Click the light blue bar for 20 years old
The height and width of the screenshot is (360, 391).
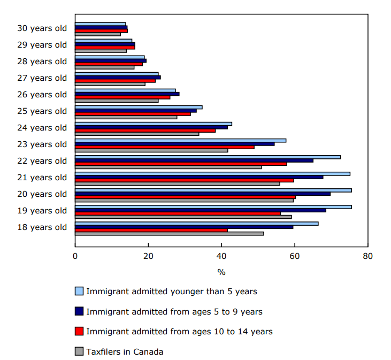[213, 190]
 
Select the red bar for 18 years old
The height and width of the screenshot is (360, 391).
[151, 230]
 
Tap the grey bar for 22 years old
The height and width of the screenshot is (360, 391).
[168, 167]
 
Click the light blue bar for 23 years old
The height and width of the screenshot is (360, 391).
[180, 140]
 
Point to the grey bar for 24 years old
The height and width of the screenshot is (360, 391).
[137, 134]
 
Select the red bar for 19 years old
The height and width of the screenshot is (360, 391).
[178, 213]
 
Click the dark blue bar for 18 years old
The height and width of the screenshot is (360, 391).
[184, 227]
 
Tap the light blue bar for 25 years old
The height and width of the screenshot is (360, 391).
[139, 107]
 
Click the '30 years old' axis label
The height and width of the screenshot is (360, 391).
[42, 28]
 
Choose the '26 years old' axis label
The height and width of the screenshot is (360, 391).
[42, 95]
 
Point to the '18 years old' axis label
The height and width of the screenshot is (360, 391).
[42, 227]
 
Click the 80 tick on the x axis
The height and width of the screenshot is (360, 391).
[367, 256]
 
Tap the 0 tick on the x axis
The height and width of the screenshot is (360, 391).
[75, 256]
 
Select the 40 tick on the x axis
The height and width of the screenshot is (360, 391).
[221, 256]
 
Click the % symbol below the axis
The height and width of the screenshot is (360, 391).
[221, 272]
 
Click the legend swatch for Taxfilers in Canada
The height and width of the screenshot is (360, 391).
[79, 351]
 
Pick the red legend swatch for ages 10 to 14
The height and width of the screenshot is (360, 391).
[79, 332]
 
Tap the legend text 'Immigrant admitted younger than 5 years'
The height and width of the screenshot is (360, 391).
[172, 292]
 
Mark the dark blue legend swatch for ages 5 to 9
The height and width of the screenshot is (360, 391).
[79, 311]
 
